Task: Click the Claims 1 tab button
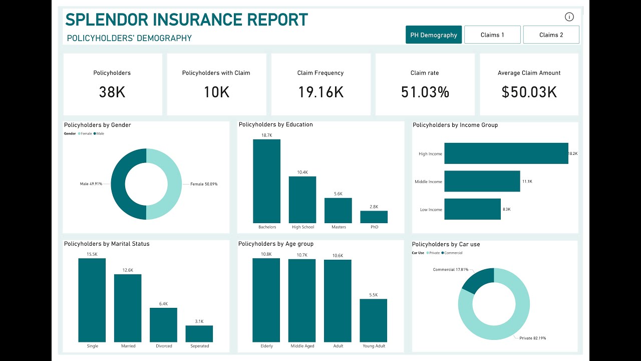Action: point(492,35)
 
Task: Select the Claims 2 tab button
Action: point(551,35)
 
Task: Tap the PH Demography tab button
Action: point(434,35)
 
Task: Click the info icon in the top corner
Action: point(569,17)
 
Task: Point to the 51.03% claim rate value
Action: point(425,92)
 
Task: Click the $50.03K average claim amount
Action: point(529,92)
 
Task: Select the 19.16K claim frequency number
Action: point(320,92)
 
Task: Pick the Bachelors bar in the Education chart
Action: point(266,182)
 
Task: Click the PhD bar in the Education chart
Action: point(374,217)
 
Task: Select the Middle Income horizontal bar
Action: point(482,182)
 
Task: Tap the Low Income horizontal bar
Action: point(472,209)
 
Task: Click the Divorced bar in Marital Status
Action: point(163,325)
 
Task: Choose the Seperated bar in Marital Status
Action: point(199,334)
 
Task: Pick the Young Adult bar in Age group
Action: point(373,320)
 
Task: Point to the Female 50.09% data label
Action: point(203,184)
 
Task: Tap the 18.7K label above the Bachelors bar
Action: point(266,135)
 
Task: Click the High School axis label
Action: point(302,227)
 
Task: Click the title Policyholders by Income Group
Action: point(455,125)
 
